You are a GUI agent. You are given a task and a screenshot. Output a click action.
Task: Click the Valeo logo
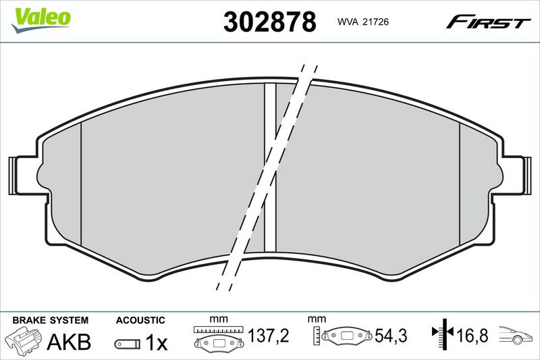[40, 20]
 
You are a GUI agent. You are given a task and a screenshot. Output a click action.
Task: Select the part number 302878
[269, 22]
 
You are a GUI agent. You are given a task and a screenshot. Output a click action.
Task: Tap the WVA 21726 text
[363, 22]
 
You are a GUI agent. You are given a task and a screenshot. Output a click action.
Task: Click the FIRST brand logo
[488, 22]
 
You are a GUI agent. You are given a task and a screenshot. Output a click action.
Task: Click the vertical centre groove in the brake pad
[271, 168]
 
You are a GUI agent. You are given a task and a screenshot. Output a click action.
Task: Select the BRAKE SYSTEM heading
[50, 320]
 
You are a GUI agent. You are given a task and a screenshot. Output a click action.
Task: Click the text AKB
[69, 341]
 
